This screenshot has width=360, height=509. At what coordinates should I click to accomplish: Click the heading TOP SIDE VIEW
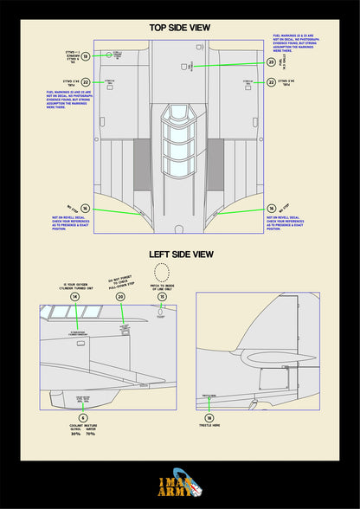(x=180, y=28)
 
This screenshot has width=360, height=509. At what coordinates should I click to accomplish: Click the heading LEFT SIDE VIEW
(x=180, y=254)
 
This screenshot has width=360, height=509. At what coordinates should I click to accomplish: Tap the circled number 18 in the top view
(x=86, y=56)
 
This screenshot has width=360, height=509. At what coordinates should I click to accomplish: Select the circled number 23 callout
(x=271, y=62)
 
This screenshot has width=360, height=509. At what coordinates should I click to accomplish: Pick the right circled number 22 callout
(x=271, y=82)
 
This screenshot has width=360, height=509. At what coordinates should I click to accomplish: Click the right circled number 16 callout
(x=271, y=209)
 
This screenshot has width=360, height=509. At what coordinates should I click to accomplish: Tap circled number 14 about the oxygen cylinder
(x=74, y=296)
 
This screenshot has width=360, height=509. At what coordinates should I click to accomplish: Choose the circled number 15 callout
(x=162, y=296)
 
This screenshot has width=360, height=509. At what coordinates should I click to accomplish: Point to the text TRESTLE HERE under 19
(x=209, y=426)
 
